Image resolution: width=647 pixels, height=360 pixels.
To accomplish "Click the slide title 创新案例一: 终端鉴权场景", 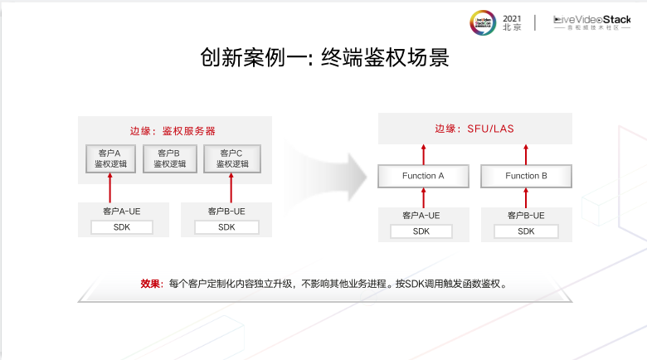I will point(323,58).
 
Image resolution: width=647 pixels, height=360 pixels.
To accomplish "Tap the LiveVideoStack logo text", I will point(592,21).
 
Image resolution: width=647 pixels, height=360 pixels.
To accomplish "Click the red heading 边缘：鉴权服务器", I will point(173,131).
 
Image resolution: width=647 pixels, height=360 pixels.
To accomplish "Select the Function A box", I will point(423,176).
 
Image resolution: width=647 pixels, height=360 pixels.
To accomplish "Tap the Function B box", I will point(527,176).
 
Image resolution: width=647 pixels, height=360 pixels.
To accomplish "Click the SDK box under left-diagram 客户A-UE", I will point(122,227).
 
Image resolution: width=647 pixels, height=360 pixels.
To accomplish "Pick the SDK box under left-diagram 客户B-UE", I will point(226,227).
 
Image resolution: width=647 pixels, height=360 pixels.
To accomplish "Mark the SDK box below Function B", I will point(526,231).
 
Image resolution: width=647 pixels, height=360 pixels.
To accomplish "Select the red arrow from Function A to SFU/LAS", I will point(423,153).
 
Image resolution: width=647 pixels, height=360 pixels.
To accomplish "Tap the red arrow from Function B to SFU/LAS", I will point(527,153).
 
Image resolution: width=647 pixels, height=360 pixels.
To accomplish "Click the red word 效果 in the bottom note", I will point(150,284).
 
